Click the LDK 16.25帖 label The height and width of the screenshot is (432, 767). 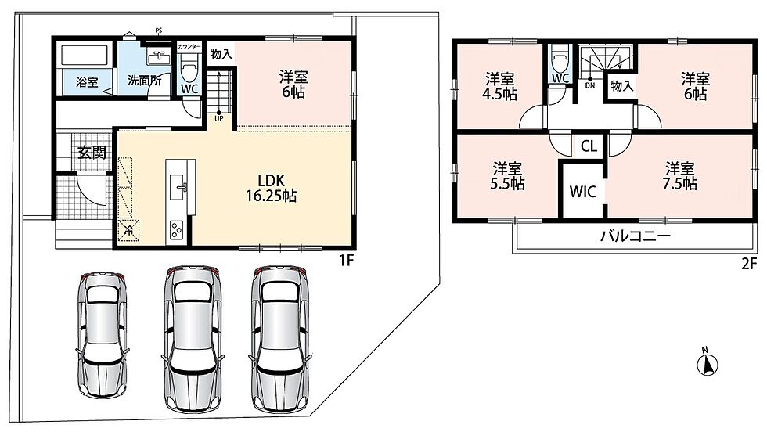tap(271, 188)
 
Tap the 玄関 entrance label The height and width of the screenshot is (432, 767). tap(92, 152)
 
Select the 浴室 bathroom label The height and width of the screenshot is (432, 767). tap(87, 82)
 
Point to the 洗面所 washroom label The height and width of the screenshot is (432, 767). tap(144, 81)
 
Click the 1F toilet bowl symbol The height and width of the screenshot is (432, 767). tap(189, 65)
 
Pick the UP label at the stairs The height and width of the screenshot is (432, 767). tap(218, 118)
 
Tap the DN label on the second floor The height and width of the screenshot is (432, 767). tap(590, 85)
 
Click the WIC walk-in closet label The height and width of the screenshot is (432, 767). tap(582, 191)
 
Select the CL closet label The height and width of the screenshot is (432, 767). tap(589, 146)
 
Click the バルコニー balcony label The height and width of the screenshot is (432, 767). tap(636, 236)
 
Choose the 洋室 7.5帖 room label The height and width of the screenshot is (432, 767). tap(680, 176)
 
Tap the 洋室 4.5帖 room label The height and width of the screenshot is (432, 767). tap(499, 86)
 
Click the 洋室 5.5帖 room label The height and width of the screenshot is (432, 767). tap(507, 176)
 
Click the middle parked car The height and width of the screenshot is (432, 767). tap(192, 338)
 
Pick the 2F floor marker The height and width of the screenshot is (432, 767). tap(749, 264)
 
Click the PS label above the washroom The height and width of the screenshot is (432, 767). tap(158, 31)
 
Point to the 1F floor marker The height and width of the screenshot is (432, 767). tap(346, 261)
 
